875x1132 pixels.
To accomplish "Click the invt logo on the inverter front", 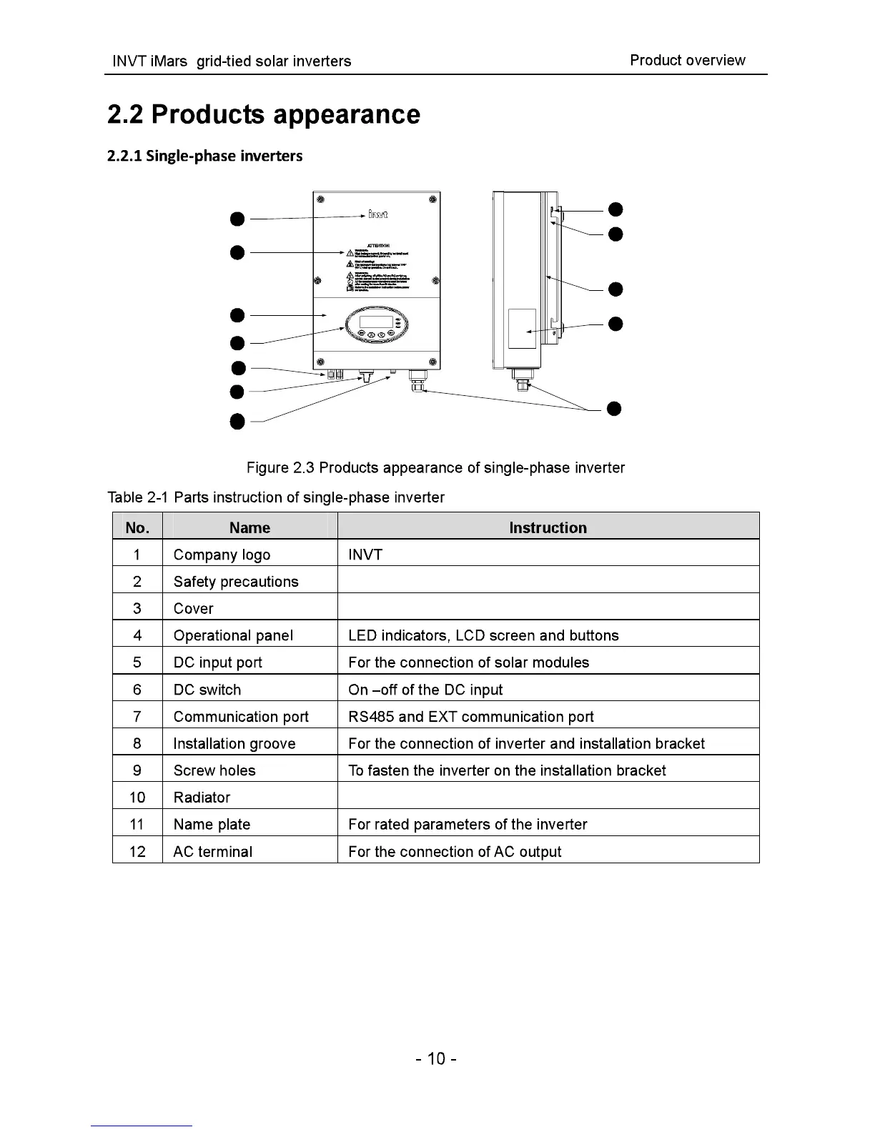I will click(x=379, y=214).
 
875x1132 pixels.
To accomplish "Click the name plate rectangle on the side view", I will click(x=522, y=329).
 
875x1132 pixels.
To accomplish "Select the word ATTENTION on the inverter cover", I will click(x=377, y=244).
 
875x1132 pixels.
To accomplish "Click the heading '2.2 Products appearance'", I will click(x=264, y=114).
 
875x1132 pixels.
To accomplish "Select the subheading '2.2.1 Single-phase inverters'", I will click(x=204, y=156).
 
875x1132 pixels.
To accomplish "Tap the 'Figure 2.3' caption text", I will click(x=435, y=468).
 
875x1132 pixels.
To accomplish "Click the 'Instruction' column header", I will click(x=548, y=528).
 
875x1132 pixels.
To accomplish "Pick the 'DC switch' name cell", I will click(x=207, y=690).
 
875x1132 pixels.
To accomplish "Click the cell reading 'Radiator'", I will click(x=202, y=798).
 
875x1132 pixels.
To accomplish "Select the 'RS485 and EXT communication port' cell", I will click(x=471, y=717).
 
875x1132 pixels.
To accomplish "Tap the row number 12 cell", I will click(x=137, y=852).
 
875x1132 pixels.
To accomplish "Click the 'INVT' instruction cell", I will click(x=365, y=555).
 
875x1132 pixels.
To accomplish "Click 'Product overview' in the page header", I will click(x=687, y=61).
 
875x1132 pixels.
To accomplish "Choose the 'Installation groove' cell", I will click(x=234, y=744).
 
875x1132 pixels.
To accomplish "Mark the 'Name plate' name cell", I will click(x=212, y=825).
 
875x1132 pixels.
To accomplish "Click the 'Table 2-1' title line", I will click(x=276, y=497).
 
